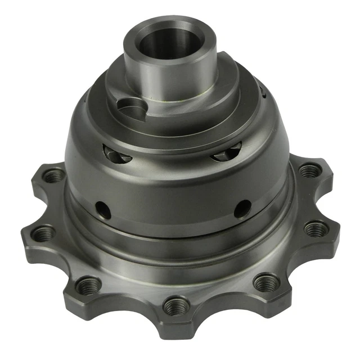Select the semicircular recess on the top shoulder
130,106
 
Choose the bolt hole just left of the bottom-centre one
89,283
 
